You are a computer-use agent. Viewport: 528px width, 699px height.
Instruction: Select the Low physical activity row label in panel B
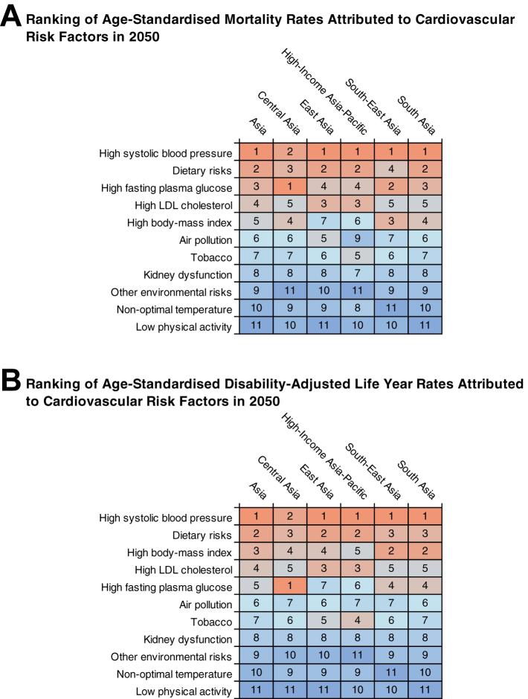[x=185, y=692]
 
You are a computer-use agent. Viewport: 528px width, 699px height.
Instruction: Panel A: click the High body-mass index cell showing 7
[x=324, y=222]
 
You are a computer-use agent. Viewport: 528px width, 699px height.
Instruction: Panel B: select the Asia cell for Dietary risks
[x=255, y=535]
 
